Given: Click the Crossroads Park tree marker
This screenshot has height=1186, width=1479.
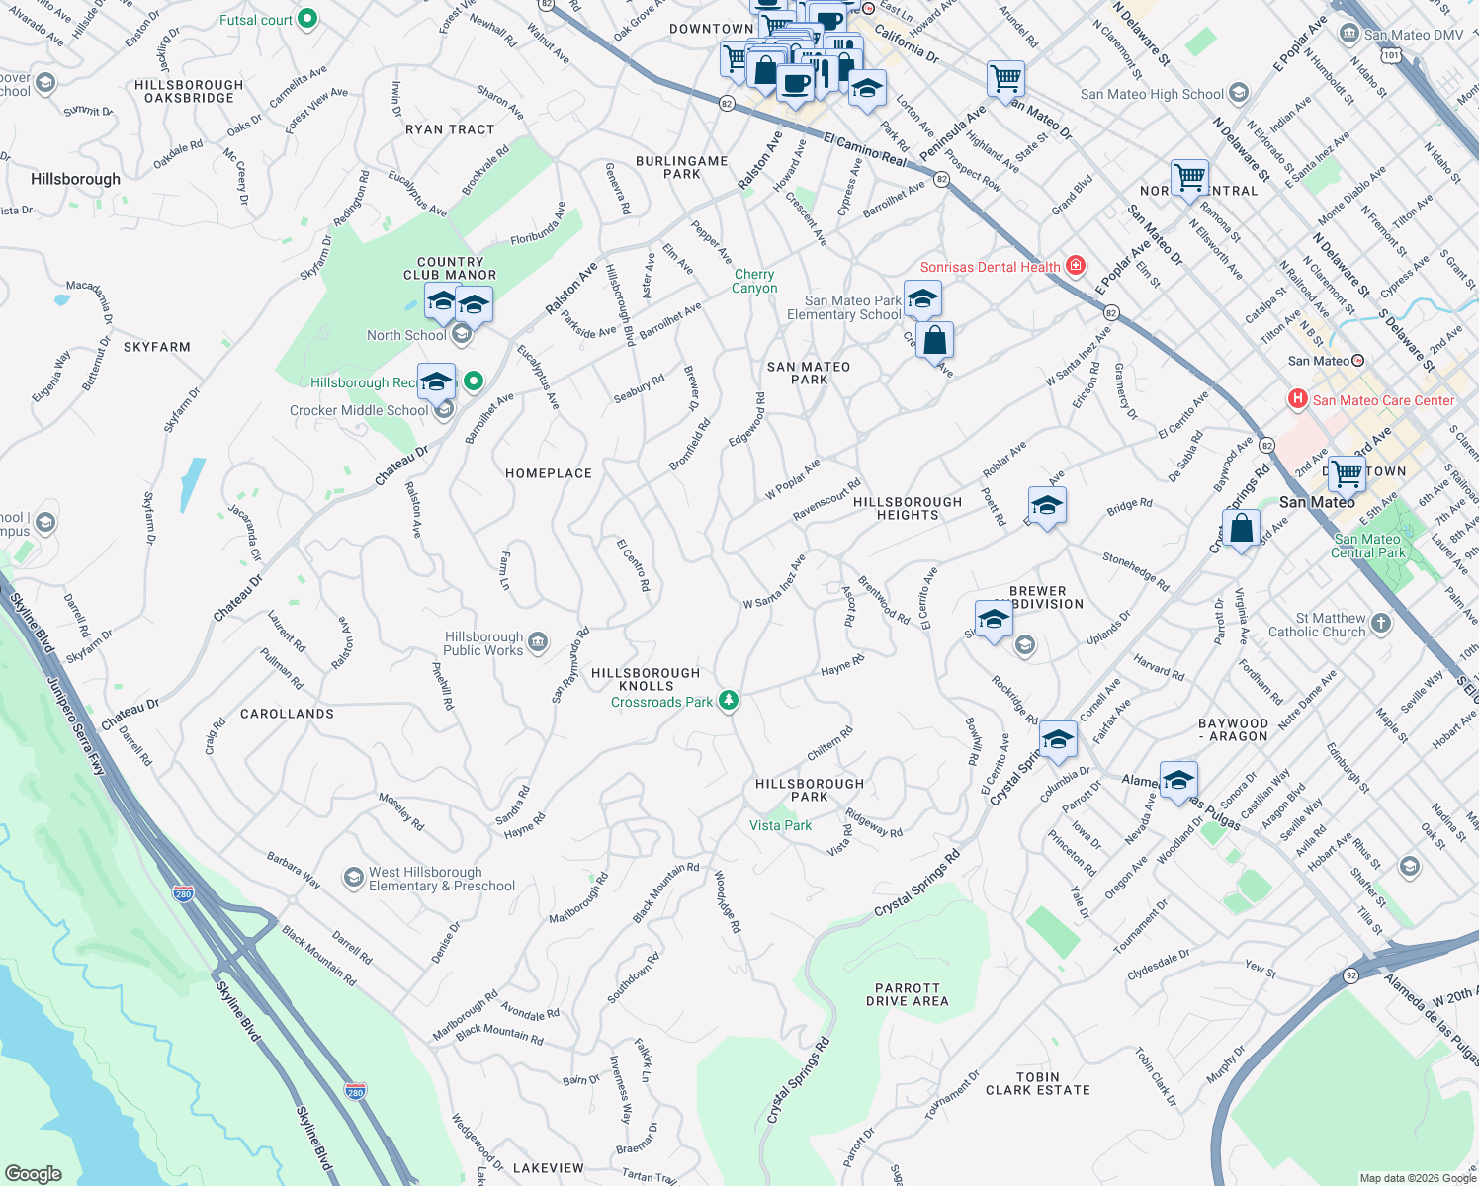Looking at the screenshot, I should click(729, 701).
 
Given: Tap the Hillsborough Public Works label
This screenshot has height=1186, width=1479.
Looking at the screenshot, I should click(483, 643).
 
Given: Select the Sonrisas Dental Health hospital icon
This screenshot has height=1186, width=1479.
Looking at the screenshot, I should click(1076, 266).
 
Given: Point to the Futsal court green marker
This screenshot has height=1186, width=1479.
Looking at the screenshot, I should click(306, 18).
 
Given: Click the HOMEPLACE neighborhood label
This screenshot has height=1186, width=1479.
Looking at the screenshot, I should click(549, 473).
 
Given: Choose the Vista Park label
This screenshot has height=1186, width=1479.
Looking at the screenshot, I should click(780, 825).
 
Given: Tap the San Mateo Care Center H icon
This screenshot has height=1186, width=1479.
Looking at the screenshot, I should click(1298, 399).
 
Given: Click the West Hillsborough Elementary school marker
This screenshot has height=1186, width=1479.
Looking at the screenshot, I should click(353, 878).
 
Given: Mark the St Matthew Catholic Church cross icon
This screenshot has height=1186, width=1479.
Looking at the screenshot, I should click(1381, 624).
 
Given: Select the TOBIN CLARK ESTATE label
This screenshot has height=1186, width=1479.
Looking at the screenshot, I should click(1037, 1083).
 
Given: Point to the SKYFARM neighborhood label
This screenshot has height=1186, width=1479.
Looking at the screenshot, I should click(157, 347).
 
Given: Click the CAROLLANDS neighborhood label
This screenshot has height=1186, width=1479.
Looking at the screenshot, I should click(287, 714).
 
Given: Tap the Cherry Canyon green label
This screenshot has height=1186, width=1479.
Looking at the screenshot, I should click(754, 281).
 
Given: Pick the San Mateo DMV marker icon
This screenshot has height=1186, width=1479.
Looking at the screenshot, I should click(1348, 34).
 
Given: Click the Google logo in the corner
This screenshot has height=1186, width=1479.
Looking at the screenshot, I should click(33, 1173).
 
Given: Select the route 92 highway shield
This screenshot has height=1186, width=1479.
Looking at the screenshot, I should click(1350, 975).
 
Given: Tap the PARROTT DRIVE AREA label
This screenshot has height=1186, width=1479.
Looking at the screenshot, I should click(908, 994).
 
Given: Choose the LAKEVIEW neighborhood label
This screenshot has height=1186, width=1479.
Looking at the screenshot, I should click(549, 1168).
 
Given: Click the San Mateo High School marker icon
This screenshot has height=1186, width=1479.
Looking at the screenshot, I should click(1239, 94).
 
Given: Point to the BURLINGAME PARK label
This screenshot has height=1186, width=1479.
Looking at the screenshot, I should click(681, 167).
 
